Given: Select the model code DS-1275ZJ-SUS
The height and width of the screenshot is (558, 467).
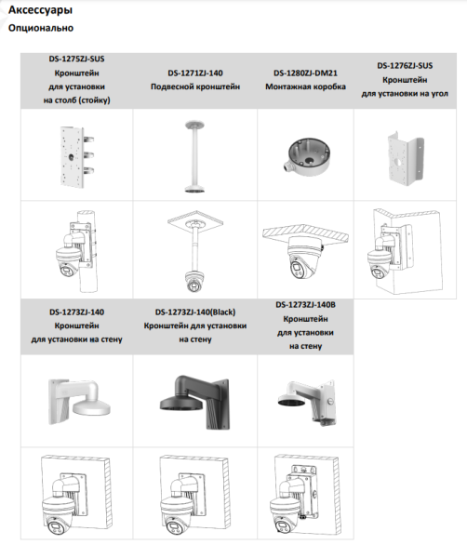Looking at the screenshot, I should click(76, 58).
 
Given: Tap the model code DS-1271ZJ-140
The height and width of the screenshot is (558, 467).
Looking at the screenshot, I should click(195, 73).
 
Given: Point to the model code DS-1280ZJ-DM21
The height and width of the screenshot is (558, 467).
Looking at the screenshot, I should click(304, 73).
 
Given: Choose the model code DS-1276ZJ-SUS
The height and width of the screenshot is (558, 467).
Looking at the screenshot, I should click(405, 66).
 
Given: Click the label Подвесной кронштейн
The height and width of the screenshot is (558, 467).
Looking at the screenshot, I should click(195, 86).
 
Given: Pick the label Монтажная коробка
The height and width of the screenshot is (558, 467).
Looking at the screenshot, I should click(304, 86).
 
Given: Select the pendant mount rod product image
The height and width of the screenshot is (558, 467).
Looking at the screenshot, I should click(194, 154).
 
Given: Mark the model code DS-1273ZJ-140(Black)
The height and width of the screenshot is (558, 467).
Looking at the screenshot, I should click(195, 312).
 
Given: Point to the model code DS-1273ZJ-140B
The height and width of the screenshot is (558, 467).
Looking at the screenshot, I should click(306, 304).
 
